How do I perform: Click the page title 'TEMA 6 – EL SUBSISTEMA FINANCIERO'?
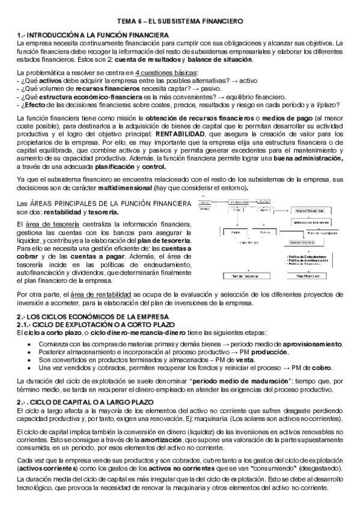click(x=180, y=21)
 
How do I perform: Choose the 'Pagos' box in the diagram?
click(x=236, y=230)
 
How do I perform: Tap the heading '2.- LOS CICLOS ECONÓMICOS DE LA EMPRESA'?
click(x=94, y=317)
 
